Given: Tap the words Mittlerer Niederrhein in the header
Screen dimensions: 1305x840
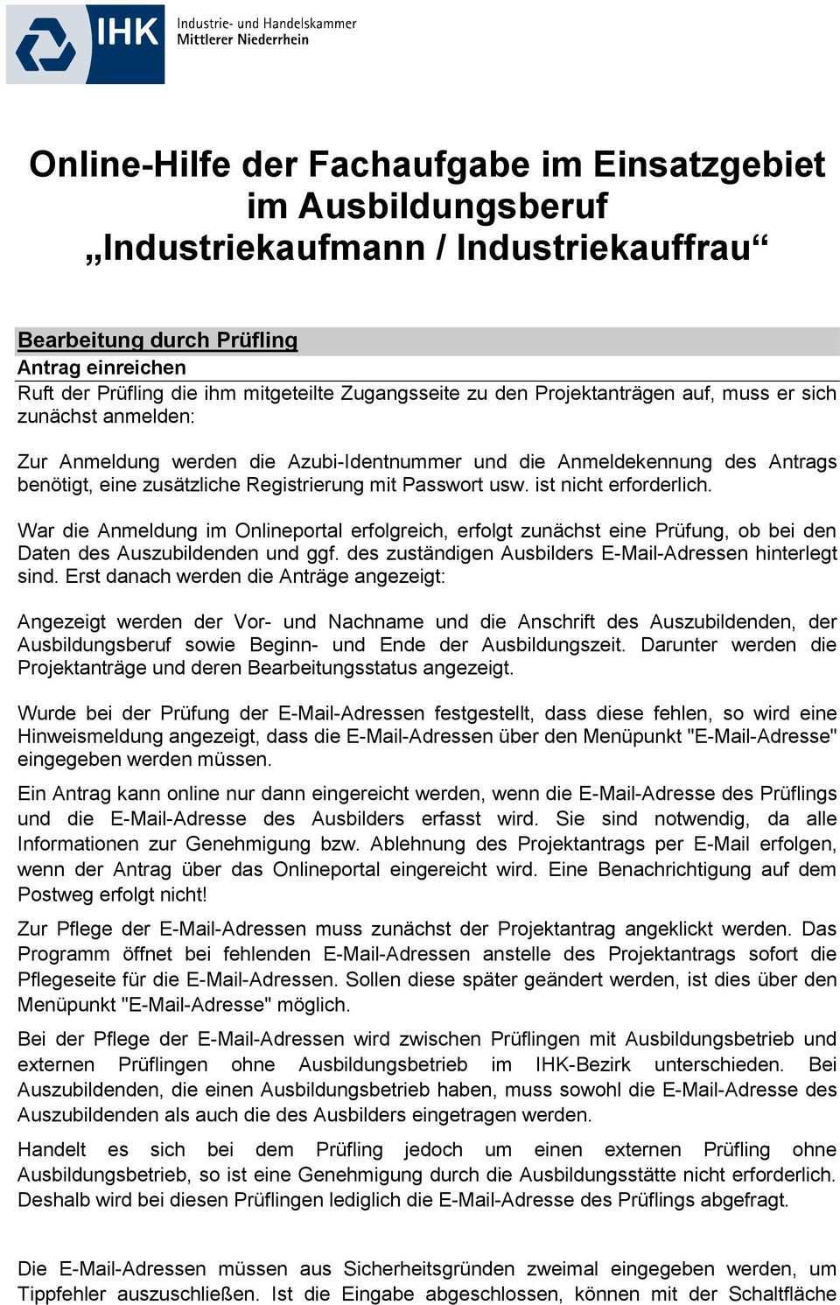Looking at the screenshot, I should point(242,39).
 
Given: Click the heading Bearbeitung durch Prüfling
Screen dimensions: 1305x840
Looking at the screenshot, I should point(157,340).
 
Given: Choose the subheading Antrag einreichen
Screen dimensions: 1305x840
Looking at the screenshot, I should point(101,368).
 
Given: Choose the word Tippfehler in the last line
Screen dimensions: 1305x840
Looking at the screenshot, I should point(62,1294).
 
